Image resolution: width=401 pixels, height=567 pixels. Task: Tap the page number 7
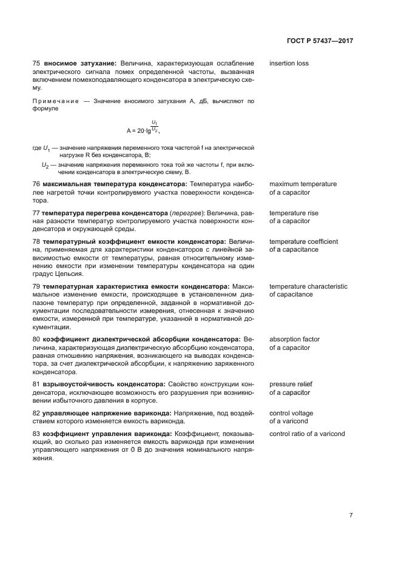(x=351, y=515)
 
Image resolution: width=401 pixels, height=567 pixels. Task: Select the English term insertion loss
(x=289, y=63)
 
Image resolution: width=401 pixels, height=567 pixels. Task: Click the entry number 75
(x=36, y=63)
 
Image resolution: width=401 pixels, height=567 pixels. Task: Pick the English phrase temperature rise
(x=294, y=213)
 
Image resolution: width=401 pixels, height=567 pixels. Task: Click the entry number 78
(x=36, y=241)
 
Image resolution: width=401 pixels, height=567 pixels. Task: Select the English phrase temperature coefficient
(x=303, y=241)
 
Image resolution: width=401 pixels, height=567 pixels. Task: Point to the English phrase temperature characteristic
(x=308, y=286)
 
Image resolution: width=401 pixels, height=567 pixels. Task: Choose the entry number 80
(x=36, y=339)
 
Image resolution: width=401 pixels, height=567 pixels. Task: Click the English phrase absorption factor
(x=294, y=339)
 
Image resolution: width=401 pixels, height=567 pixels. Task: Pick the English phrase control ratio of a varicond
(x=307, y=434)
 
